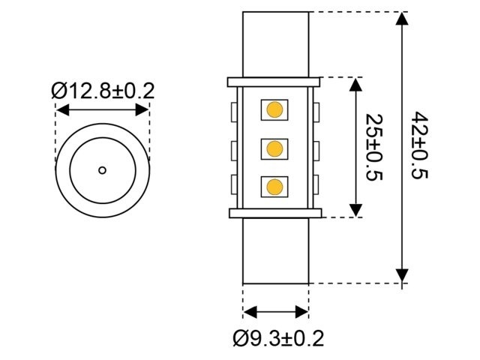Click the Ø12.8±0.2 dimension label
click(103, 91)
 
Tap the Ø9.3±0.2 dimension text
click(278, 339)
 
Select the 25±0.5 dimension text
click(373, 148)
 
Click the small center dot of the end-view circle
click(102, 169)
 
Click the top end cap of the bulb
click(276, 43)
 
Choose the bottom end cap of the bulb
click(276, 250)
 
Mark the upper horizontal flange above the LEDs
click(275, 81)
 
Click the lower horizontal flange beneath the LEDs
click(275, 214)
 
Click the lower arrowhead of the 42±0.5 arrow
click(403, 276)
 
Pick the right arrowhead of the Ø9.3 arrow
click(302, 311)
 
